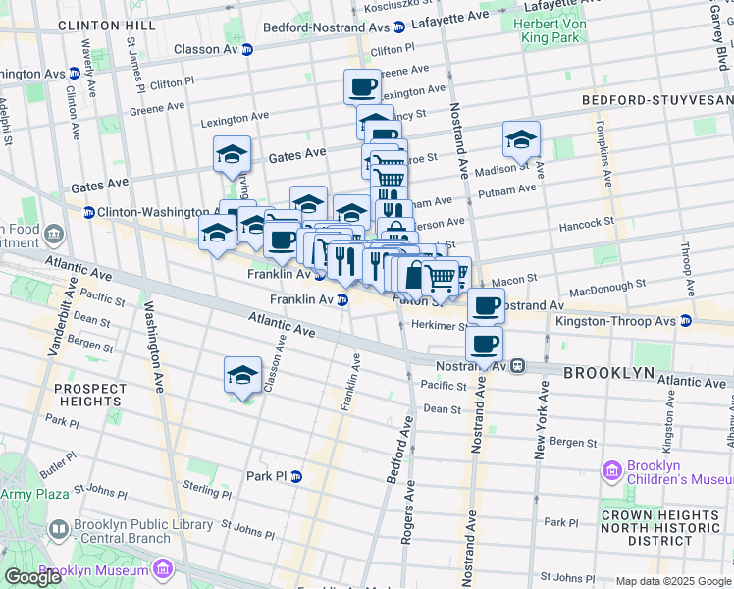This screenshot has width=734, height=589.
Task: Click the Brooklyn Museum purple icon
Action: (x=162, y=569)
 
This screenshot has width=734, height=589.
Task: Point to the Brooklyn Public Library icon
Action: (x=58, y=531)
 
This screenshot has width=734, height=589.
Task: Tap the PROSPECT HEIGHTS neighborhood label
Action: (x=90, y=396)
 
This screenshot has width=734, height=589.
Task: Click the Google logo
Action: (x=32, y=577)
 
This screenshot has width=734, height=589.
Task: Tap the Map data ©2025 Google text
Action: (x=673, y=581)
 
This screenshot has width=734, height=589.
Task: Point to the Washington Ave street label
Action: (x=154, y=334)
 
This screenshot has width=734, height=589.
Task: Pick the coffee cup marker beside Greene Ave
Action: (x=361, y=86)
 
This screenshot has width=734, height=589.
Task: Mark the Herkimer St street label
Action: (x=436, y=325)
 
